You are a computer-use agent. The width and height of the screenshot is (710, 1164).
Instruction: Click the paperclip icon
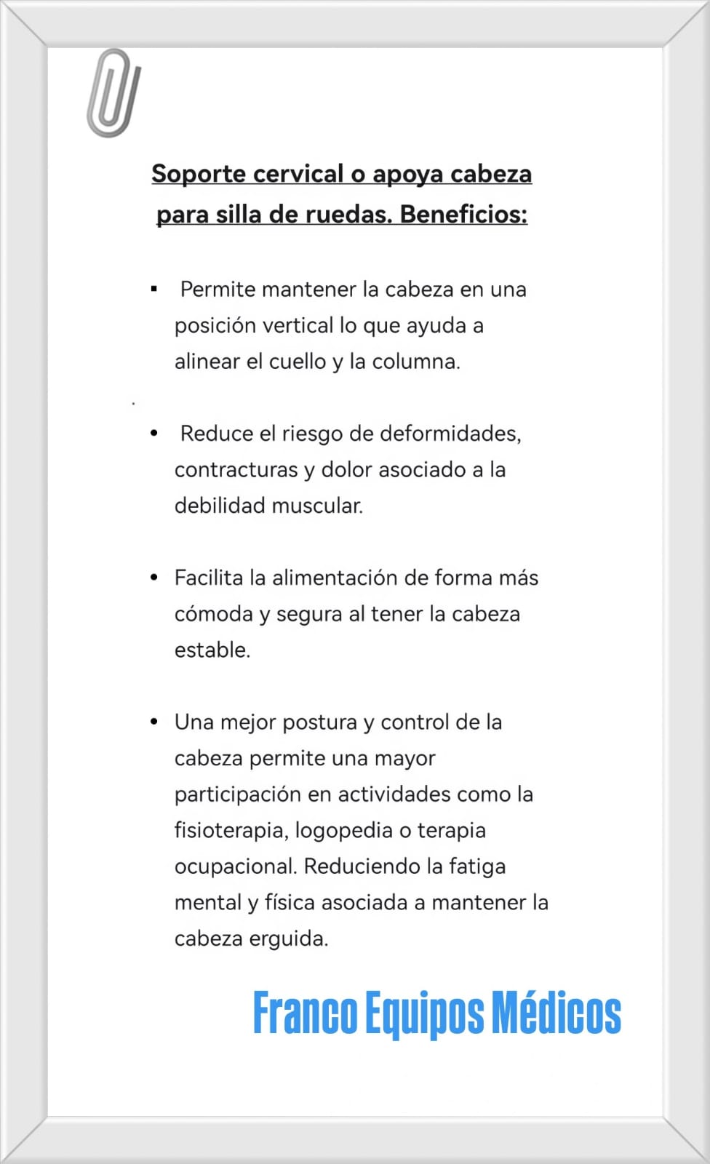[113, 93]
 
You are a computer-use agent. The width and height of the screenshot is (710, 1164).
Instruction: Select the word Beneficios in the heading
[463, 215]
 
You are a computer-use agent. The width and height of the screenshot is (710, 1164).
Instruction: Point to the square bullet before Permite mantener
[154, 290]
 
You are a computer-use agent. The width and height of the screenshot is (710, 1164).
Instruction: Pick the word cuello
[298, 362]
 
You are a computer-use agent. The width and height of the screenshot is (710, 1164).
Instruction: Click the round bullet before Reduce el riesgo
[154, 434]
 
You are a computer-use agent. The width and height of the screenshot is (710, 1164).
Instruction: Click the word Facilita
[209, 578]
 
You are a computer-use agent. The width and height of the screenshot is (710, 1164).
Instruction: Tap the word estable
[212, 650]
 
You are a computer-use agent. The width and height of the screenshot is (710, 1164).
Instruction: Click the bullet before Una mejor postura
[154, 722]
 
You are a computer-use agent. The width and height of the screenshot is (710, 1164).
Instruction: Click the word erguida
[288, 939]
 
